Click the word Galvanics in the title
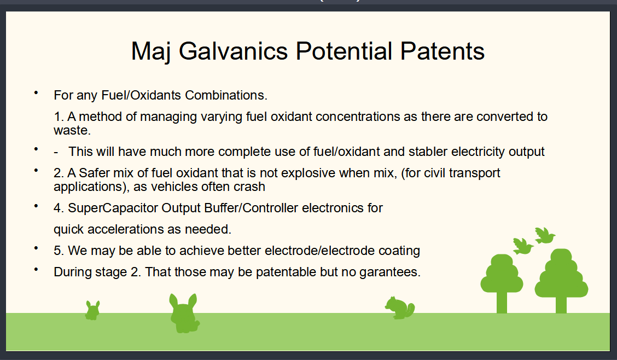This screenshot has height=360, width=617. [234, 51]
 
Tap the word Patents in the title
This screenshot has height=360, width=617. [443, 51]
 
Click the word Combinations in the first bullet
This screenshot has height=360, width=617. [226, 95]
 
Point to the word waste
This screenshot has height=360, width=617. [72, 130]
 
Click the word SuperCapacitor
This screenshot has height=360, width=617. [113, 208]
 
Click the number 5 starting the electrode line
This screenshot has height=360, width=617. [58, 251]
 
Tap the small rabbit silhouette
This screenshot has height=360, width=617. [92, 310]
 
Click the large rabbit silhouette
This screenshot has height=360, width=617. [184, 313]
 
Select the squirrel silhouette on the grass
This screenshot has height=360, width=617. [400, 307]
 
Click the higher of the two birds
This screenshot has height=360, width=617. [545, 235]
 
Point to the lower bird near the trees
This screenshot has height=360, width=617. [523, 246]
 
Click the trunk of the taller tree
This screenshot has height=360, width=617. [561, 305]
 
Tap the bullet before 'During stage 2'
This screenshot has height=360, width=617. [36, 270]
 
